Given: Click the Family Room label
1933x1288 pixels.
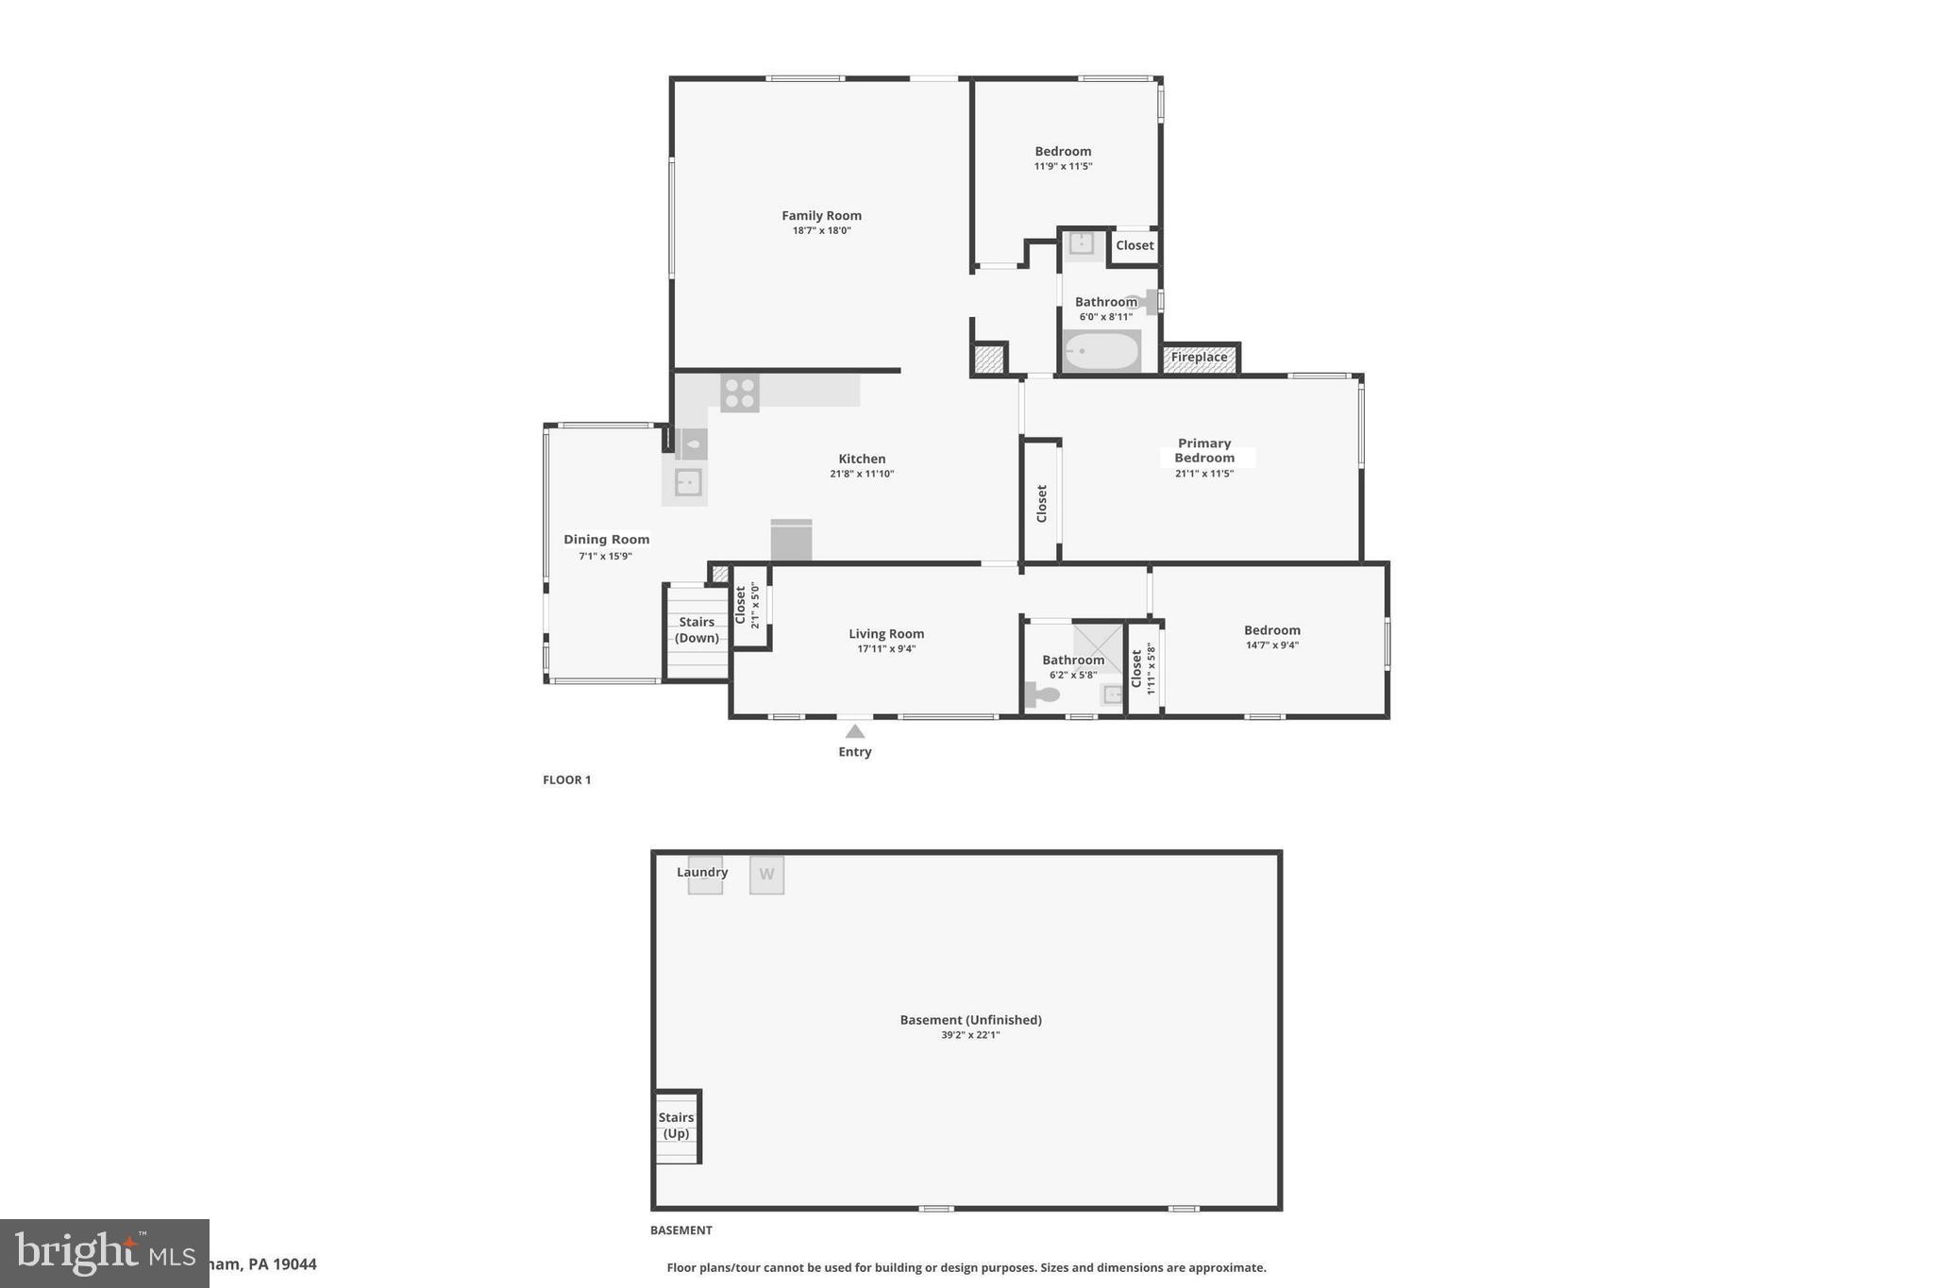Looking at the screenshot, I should pos(821,216).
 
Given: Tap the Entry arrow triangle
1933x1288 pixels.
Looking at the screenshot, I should pos(854,731).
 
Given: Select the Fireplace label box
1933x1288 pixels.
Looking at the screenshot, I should pos(1199,358).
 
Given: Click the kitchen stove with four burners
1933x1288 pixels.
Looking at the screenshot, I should pos(739,393).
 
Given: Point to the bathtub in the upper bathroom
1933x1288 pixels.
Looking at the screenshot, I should pos(1101,351).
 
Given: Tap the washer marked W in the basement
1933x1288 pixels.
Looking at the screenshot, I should pos(766,875).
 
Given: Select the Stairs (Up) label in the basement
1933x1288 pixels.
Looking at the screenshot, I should pos(676,1126).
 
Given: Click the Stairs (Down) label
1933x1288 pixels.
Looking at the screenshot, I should pos(697,630).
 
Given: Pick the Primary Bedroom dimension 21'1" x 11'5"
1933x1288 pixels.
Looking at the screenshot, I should pos(1204,474).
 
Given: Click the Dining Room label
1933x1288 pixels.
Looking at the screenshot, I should pos(606,540).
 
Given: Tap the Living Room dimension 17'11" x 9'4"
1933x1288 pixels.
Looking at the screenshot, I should pos(886,649).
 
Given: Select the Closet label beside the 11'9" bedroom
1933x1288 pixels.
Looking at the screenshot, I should pos(1135,245).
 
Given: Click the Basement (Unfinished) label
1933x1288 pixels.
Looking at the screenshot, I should pos(970,1020).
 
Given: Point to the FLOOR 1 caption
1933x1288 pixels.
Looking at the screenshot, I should pos(566,780).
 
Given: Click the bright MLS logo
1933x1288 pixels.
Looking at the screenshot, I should pos(104,1253).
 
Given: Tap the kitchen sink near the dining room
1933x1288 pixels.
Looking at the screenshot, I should pos(687,483).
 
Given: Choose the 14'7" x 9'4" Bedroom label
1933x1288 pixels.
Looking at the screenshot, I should pos(1271,630).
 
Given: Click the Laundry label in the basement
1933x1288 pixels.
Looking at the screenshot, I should pos(702,872).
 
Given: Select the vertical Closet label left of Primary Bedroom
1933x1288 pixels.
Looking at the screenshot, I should pos(1041,503).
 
